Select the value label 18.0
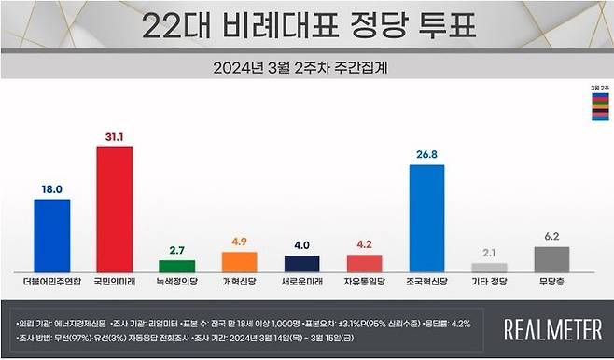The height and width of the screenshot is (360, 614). [52, 188]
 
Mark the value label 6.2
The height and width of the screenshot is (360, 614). [552, 236]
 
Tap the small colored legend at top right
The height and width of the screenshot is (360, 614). [595, 104]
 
